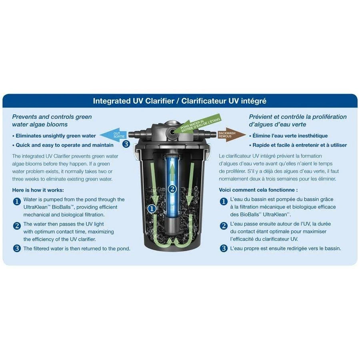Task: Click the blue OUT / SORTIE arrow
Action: coord(113,135)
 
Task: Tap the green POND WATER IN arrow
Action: coord(196,124)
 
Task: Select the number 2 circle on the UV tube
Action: coord(172,189)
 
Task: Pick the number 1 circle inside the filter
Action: coord(152,209)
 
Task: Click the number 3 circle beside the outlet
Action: coord(126,144)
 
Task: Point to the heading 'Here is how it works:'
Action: coord(38,190)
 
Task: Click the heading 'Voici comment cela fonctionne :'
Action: coord(258,190)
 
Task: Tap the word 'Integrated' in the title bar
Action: coord(112,101)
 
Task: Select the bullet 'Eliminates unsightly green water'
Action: coord(54,136)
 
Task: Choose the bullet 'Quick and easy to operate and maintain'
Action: coord(63,145)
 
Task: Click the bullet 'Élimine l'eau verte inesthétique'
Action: coord(288,136)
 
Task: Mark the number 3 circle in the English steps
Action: coord(17,248)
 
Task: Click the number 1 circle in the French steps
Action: coord(224,201)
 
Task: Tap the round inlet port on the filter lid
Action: coord(171,132)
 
